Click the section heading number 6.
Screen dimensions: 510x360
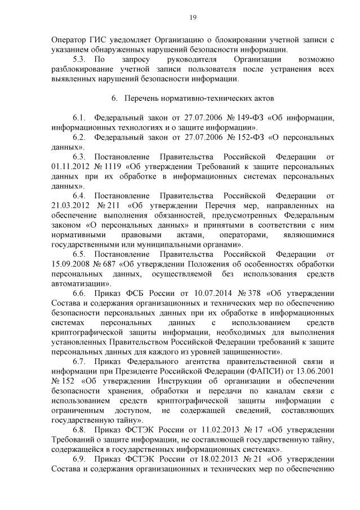click(x=114, y=99)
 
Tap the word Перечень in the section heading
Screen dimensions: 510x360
click(x=141, y=99)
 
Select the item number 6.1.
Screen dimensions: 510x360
click(x=79, y=118)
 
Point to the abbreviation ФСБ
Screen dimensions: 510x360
click(x=132, y=293)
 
